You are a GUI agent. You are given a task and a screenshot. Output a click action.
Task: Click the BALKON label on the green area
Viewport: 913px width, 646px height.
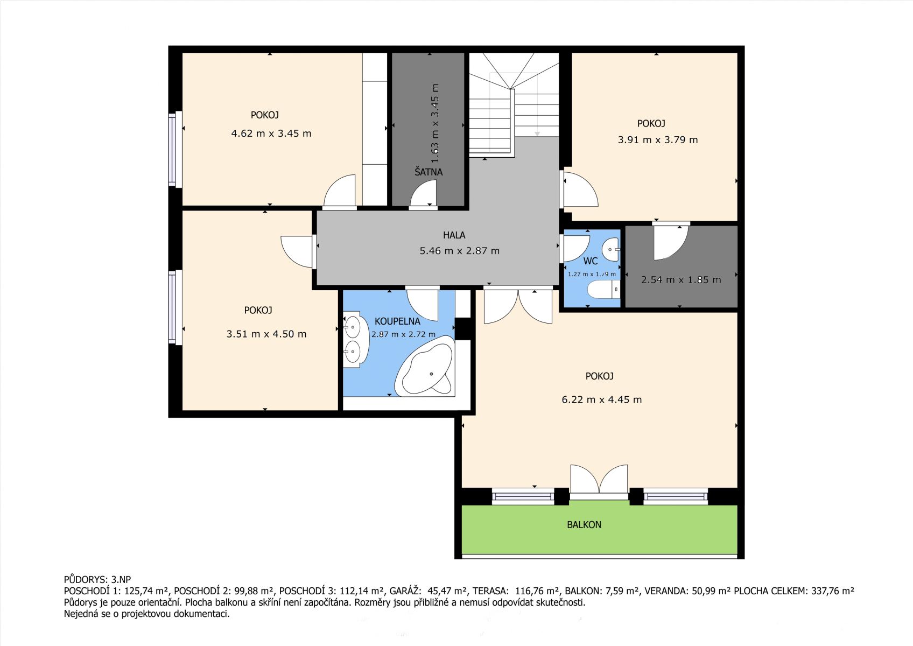tap(584, 524)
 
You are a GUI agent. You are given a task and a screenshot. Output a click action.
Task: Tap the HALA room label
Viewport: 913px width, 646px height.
tap(454, 235)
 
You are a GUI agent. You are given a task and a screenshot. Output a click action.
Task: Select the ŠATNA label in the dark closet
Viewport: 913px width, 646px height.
tap(429, 172)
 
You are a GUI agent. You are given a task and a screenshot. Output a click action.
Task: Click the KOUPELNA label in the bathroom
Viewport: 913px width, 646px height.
tap(397, 321)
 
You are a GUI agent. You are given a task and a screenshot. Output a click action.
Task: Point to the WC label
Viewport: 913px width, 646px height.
tap(590, 261)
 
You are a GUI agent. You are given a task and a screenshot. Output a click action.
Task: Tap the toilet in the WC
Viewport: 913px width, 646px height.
tap(603, 290)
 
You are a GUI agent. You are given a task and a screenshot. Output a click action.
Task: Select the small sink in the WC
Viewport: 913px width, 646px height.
tap(611, 249)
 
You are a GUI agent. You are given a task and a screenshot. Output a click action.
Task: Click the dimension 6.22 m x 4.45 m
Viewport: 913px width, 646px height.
tap(602, 399)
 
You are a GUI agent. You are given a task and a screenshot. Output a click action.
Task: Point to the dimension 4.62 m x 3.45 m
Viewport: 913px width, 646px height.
tap(271, 134)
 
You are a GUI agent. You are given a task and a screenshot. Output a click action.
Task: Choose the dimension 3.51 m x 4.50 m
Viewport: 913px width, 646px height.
tap(266, 334)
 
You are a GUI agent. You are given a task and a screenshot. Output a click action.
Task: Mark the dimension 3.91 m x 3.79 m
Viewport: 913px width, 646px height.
tap(657, 140)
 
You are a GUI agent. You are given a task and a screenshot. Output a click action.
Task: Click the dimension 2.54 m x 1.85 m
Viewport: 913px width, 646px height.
tap(680, 279)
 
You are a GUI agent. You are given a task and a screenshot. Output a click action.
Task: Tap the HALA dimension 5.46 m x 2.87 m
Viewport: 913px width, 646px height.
tap(459, 251)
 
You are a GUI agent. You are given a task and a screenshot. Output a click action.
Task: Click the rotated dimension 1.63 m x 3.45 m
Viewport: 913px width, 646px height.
tap(435, 123)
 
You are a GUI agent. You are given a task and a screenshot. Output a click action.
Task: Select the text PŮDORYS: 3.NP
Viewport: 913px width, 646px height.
tap(97, 580)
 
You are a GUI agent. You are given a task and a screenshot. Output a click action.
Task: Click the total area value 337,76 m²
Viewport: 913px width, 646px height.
tap(832, 591)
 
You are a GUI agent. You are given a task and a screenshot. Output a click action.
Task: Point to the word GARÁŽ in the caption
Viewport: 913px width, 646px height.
tap(405, 591)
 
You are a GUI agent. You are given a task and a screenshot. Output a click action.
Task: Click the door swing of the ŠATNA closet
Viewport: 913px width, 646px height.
tap(423, 193)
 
